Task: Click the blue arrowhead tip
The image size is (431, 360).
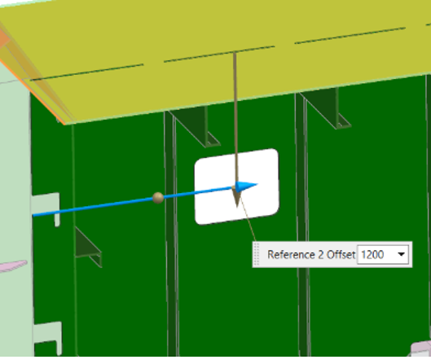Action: [x=257, y=184]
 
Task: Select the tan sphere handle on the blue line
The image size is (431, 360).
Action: [x=158, y=198]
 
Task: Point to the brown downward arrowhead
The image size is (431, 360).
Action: [x=236, y=197]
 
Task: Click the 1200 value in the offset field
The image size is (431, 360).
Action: [x=372, y=255]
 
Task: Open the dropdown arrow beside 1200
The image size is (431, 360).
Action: [x=402, y=254]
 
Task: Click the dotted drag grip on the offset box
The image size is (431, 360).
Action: [x=256, y=254]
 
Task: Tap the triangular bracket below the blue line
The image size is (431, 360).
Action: [x=87, y=248]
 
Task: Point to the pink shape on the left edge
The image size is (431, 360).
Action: [x=13, y=266]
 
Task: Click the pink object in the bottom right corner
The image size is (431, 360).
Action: [x=421, y=349]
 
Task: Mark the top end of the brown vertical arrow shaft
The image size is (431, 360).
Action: [x=235, y=53]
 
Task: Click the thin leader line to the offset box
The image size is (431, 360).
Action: [x=248, y=219]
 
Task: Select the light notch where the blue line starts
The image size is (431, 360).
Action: [x=46, y=209]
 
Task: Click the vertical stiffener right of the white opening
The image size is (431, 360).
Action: [x=301, y=220]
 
